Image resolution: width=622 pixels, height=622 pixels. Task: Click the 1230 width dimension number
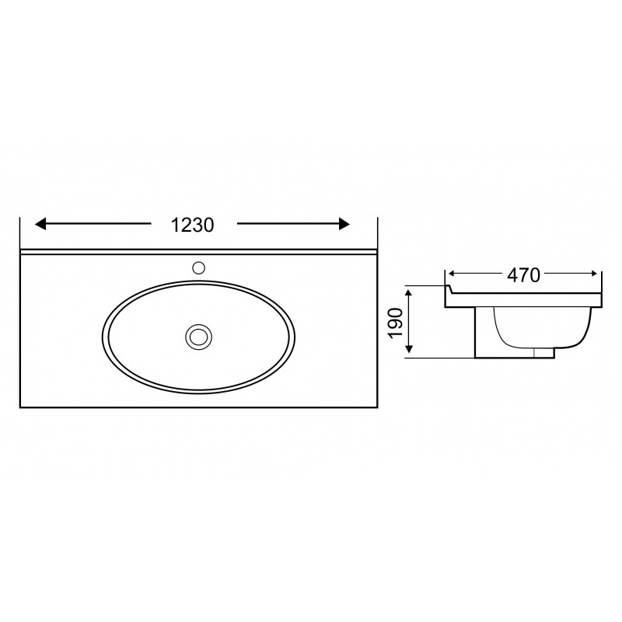(192, 225)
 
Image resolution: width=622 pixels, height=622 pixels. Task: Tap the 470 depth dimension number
(523, 275)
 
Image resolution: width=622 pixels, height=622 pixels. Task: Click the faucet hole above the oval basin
(198, 267)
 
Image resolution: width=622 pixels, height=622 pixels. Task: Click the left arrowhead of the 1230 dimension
(40, 224)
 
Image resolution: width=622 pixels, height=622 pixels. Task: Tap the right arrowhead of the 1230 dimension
(344, 224)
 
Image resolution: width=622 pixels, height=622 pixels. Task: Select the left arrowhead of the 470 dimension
(451, 274)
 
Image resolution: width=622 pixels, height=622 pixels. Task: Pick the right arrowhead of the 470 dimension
(594, 274)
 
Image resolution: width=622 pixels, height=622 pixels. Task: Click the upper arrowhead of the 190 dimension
(410, 294)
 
